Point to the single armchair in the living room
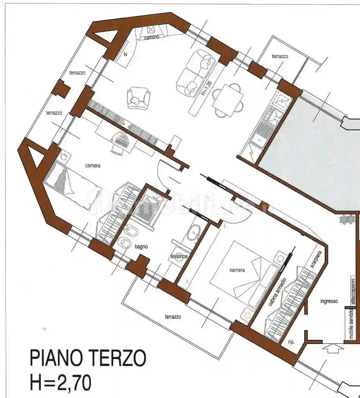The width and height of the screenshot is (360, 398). point(138,98)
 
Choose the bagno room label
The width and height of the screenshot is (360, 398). point(141,247)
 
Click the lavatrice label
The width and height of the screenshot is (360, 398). point(179,257)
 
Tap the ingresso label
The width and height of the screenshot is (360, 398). point(329,301)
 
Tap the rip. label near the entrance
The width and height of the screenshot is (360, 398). point(291,342)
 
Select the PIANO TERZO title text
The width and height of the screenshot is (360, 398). point(88,358)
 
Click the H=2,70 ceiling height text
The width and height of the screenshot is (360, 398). point(61,383)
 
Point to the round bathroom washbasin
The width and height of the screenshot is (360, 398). point(195,232)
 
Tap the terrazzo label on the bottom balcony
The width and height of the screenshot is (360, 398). point(173,317)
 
